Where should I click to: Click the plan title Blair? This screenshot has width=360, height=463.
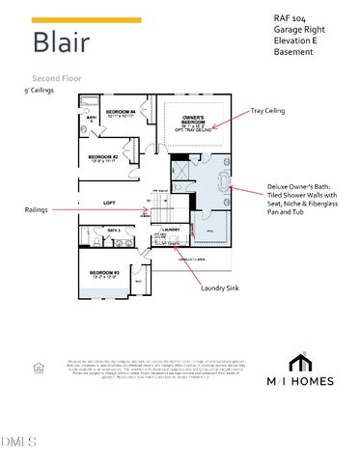pos(64,42)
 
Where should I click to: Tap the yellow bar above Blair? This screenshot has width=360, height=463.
pos(86,19)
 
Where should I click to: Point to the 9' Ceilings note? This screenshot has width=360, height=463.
pos(38,90)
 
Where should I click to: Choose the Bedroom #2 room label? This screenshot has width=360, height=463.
pos(102,158)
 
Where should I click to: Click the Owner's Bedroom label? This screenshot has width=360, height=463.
pos(193,122)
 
